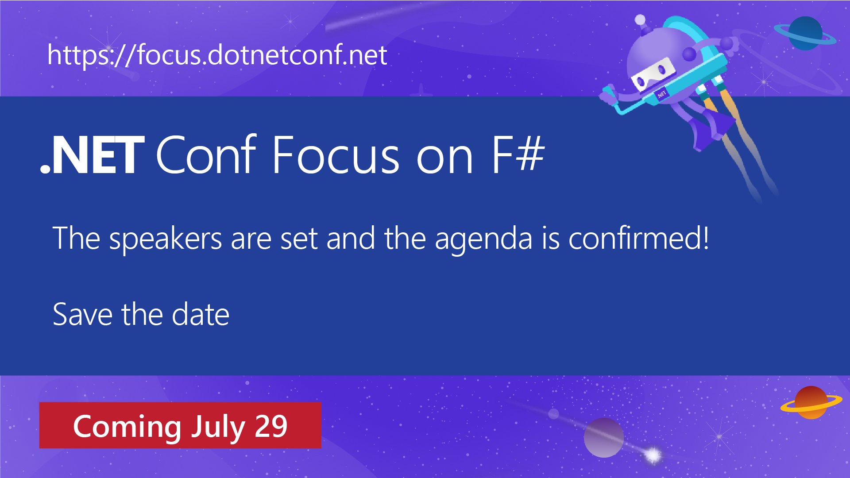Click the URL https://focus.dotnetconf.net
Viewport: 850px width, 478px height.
217,55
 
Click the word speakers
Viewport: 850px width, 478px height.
165,239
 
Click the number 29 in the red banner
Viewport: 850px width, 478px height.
271,426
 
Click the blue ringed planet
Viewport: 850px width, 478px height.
805,33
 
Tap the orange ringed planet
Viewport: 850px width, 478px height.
811,402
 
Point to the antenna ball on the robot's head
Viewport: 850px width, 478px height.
640,20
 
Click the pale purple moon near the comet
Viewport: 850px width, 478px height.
603,438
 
